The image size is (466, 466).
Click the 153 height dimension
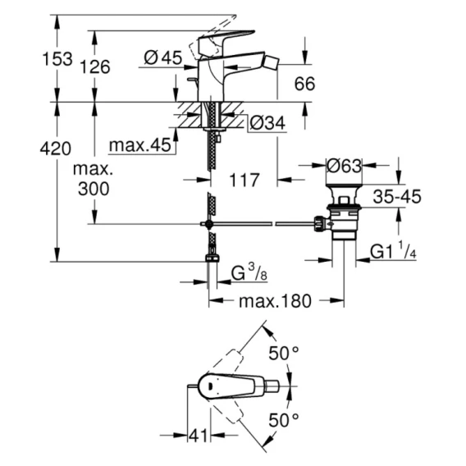[57, 58]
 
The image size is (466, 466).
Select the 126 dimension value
[95, 66]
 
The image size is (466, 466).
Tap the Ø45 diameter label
[163, 57]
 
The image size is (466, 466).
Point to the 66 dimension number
[304, 84]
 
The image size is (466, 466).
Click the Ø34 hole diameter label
[267, 123]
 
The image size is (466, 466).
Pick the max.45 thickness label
[140, 145]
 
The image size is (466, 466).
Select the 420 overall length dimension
[56, 148]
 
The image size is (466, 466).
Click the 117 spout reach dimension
[244, 180]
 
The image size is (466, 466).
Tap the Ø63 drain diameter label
[344, 166]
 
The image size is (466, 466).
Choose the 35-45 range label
[397, 196]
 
